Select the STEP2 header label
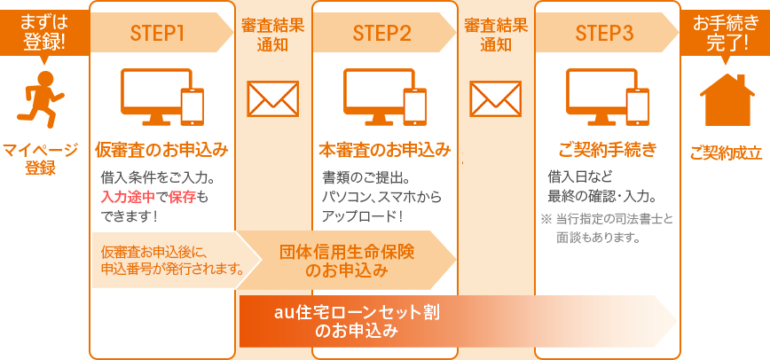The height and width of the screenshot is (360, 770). point(381,34)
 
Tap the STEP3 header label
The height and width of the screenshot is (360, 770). point(604,34)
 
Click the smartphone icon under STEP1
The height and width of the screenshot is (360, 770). point(192,106)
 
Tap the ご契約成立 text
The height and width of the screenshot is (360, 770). point(726,153)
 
